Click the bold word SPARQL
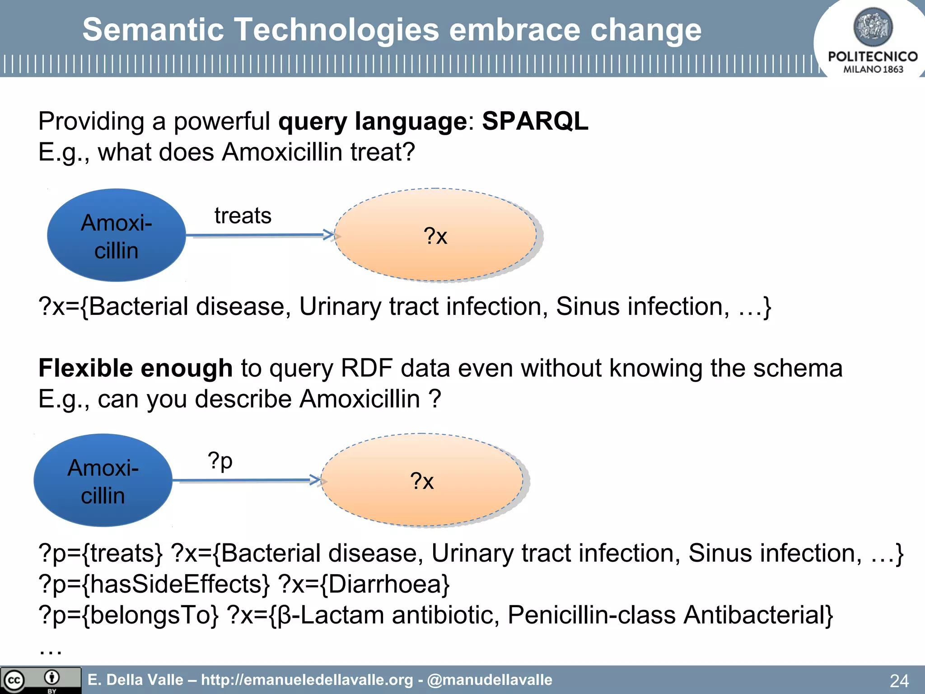click(x=535, y=121)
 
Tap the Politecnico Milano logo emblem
click(x=873, y=27)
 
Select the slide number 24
click(x=899, y=680)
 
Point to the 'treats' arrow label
click(x=243, y=216)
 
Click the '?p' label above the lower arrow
click(x=220, y=460)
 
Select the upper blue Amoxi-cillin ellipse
click(x=117, y=235)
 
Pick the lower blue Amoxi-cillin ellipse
click(x=103, y=480)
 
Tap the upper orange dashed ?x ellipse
click(x=435, y=235)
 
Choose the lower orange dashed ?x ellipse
click(x=422, y=480)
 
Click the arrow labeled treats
click(x=260, y=235)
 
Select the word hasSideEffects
click(x=176, y=584)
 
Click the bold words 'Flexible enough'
click(x=135, y=368)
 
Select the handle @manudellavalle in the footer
click(x=490, y=680)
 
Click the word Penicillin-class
click(x=591, y=615)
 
